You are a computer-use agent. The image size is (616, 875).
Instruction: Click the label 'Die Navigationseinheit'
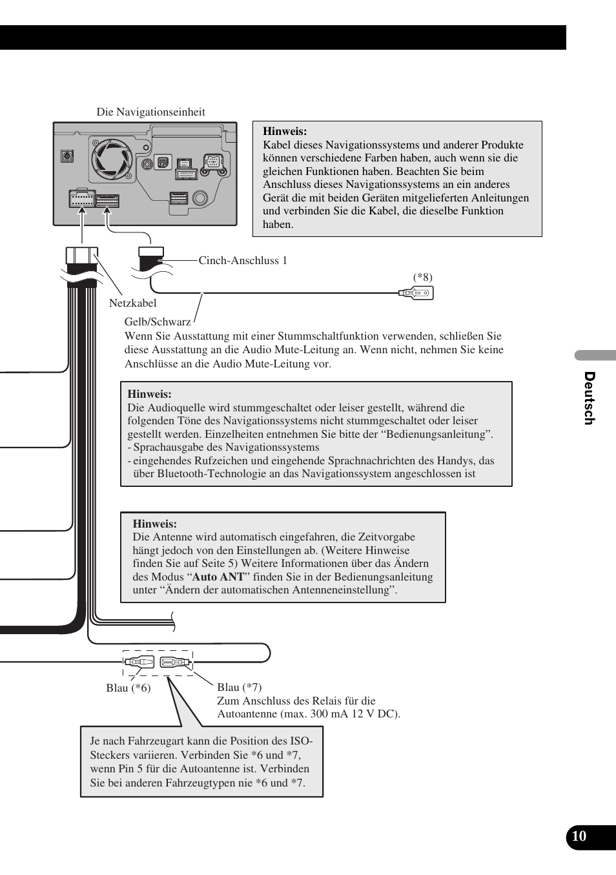(x=150, y=112)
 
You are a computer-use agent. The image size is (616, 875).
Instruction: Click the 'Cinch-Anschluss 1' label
(x=243, y=260)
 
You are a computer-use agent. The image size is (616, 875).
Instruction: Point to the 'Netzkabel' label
(x=132, y=303)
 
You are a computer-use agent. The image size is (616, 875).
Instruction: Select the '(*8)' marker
(x=423, y=277)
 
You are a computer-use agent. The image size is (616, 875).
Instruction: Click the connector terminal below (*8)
(x=417, y=293)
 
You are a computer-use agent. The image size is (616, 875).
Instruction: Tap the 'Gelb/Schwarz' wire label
(x=158, y=322)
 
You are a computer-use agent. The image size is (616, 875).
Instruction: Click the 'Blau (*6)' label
(x=128, y=688)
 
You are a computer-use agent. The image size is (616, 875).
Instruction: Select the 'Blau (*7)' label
(x=239, y=687)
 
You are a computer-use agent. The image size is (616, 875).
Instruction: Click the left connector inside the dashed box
(x=140, y=662)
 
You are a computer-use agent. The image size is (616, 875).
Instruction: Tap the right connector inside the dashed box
(x=174, y=662)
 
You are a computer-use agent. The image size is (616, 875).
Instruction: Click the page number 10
(x=579, y=836)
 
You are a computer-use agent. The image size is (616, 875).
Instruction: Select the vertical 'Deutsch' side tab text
(x=589, y=398)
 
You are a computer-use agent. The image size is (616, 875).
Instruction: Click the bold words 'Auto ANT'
(x=218, y=577)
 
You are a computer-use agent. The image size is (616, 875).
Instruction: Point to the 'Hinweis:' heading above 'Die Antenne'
(x=154, y=524)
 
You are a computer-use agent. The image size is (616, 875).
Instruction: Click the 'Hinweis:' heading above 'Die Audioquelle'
(x=149, y=394)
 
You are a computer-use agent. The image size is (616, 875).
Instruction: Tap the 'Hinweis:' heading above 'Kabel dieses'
(x=284, y=131)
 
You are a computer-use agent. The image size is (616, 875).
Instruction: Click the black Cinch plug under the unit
(x=151, y=259)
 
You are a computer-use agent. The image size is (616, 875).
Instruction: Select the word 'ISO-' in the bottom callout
(x=301, y=741)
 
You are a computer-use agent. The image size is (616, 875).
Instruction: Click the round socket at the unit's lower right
(x=200, y=198)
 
